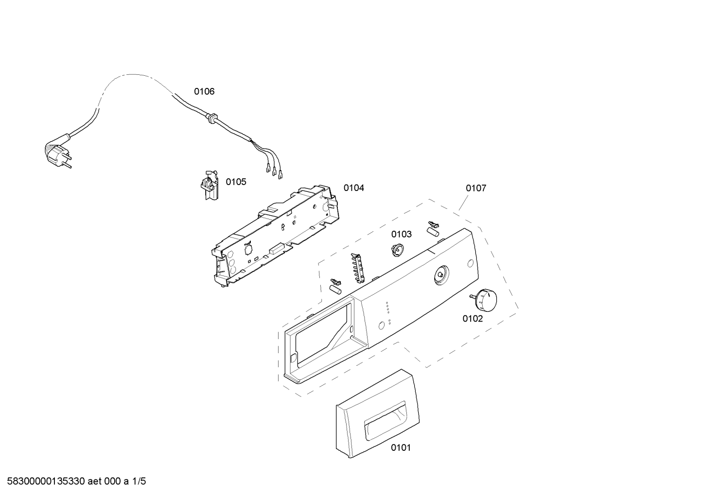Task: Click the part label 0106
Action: click(204, 91)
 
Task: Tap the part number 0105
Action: click(236, 182)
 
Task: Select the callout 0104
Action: click(353, 188)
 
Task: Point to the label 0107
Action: click(475, 188)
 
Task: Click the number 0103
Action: click(402, 234)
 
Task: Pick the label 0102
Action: click(473, 319)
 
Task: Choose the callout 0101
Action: click(401, 447)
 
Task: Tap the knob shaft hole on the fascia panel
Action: click(440, 275)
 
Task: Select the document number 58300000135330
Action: click(44, 481)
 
